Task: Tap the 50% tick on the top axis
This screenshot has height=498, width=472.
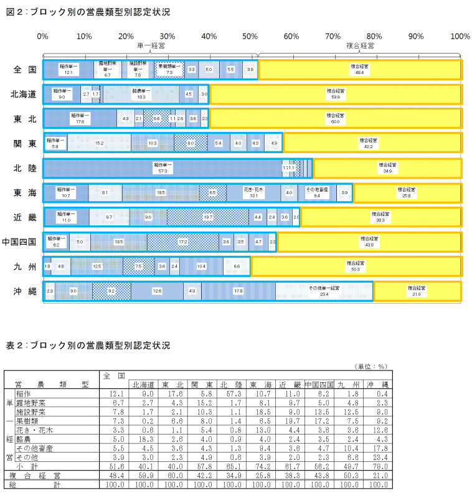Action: [x=251, y=36]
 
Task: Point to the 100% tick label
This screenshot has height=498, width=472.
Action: [x=460, y=36]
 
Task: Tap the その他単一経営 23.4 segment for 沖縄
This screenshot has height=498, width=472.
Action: [x=324, y=291]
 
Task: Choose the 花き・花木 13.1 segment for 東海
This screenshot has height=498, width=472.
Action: [x=253, y=192]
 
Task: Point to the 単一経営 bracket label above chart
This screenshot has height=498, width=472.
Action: [x=151, y=45]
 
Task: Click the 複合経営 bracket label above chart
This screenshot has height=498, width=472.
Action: [x=360, y=45]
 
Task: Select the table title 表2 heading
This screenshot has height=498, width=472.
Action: [x=87, y=345]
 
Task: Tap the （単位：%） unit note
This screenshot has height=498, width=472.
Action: [x=371, y=367]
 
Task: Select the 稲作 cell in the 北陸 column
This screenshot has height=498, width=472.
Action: [x=232, y=394]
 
